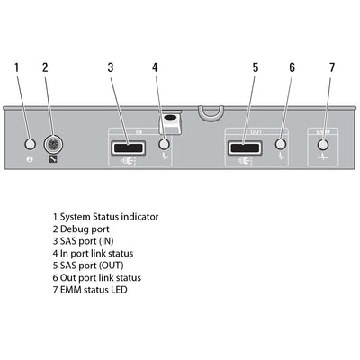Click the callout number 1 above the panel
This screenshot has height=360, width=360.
(16, 67)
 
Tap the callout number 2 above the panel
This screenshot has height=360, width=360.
(45, 67)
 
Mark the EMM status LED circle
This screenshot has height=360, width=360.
(324, 144)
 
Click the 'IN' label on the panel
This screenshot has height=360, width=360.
(139, 131)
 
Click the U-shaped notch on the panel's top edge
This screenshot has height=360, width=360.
(210, 113)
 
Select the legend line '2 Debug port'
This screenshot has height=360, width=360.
(83, 229)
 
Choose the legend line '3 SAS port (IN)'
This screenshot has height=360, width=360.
(88, 241)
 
